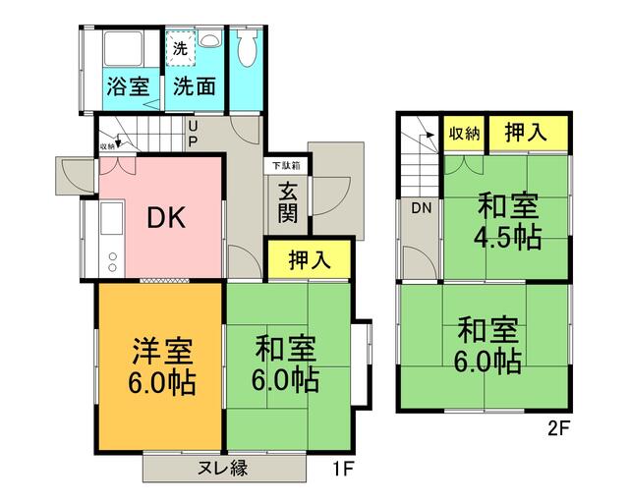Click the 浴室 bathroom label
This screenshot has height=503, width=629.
[129, 85]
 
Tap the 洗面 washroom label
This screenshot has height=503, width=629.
[195, 85]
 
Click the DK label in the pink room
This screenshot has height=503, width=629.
[166, 219]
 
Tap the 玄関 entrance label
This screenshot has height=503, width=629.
[288, 202]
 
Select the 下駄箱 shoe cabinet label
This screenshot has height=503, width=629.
[287, 165]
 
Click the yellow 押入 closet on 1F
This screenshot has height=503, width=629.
[309, 259]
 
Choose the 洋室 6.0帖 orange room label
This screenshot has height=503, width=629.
[157, 365]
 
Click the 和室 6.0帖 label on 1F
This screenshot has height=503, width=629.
[288, 363]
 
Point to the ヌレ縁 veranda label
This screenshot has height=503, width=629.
[219, 468]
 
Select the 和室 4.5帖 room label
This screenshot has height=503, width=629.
[507, 221]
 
